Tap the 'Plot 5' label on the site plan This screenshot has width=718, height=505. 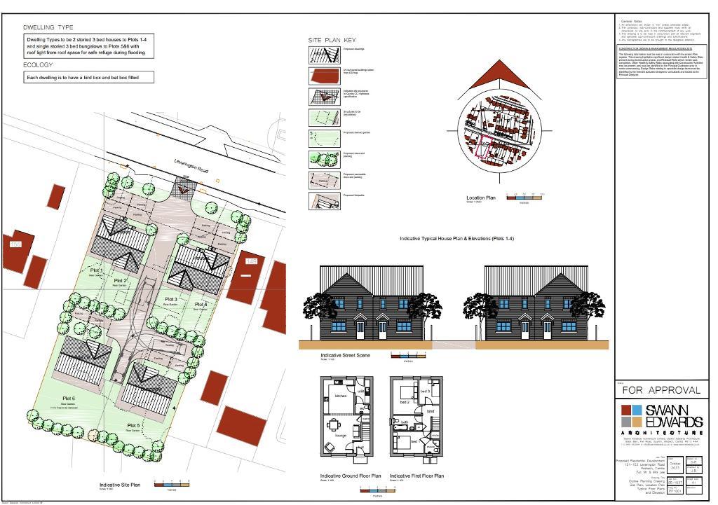tap(134, 425)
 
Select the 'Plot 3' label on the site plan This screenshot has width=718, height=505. tap(170, 299)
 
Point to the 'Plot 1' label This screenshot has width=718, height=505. tap(97, 270)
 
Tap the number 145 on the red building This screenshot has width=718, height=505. tap(250, 261)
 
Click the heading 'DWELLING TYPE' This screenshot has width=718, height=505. tap(48, 27)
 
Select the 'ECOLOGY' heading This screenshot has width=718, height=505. tap(38, 65)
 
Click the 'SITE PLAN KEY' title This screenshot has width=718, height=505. tap(332, 40)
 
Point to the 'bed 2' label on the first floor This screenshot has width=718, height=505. tap(405, 402)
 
